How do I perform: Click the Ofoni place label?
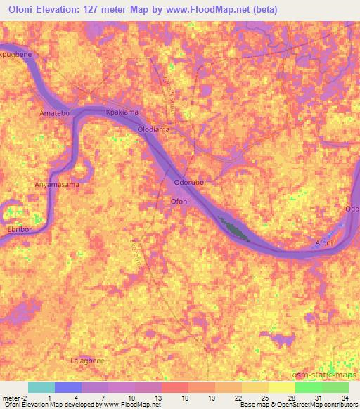181,202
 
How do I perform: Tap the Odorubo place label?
189,183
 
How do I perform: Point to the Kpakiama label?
119,112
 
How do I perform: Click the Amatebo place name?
55,112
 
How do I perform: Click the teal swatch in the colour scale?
41,387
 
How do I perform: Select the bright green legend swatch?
309,387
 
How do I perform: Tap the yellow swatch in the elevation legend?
282,387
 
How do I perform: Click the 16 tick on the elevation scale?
184,398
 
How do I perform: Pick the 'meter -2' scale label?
14,398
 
